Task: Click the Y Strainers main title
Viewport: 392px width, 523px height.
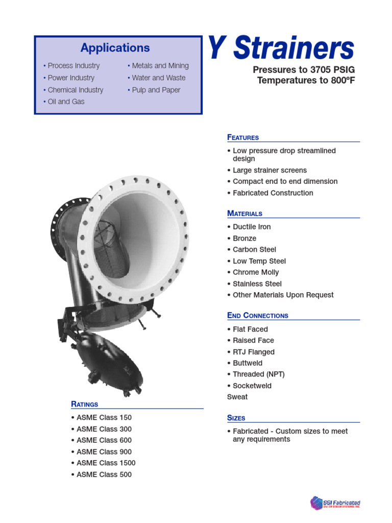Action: pos(281,49)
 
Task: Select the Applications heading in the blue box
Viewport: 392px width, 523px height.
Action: pos(115,48)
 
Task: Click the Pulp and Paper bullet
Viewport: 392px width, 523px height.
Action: pos(156,90)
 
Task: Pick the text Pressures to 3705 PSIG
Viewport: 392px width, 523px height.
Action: pos(303,70)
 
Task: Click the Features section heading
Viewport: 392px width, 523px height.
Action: pos(243,137)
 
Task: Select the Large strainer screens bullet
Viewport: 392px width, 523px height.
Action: pos(269,170)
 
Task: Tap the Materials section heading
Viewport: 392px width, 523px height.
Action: pos(245,213)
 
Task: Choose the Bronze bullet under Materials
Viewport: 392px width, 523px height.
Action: pos(244,239)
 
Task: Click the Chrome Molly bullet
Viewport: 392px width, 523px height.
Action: pos(256,272)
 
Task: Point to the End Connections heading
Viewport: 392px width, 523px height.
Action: pos(258,316)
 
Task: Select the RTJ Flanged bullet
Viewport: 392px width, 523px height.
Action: pos(253,352)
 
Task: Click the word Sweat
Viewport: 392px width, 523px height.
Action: pos(237,397)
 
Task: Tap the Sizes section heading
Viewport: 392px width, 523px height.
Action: pos(236,418)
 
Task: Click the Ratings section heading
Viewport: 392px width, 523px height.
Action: pos(85,405)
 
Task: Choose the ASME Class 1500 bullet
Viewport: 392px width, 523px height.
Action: pos(106,463)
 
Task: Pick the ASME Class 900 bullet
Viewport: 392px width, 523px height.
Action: pos(104,452)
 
